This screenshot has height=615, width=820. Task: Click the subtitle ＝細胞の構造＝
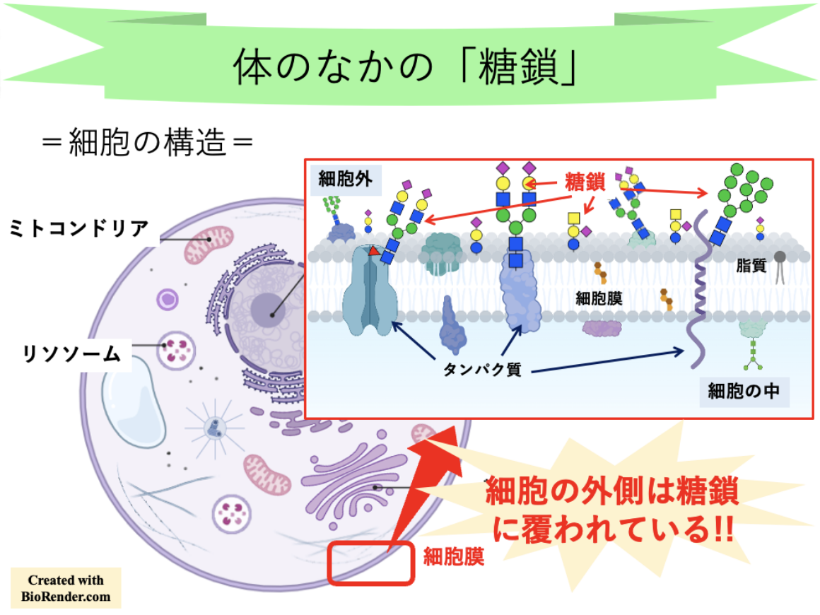pos(147,144)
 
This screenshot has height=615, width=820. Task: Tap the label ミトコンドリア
pos(78,228)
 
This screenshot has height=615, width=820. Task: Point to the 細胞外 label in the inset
pos(345,180)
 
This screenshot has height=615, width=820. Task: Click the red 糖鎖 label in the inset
pos(585,182)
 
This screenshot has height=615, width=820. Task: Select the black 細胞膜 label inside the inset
pos(599,298)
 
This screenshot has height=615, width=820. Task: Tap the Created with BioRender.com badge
pos(66,588)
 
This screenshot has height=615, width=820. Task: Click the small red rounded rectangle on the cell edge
pos(370,563)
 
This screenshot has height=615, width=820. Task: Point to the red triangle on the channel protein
pos(373,250)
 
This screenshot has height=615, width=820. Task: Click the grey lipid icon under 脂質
pos(780,266)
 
